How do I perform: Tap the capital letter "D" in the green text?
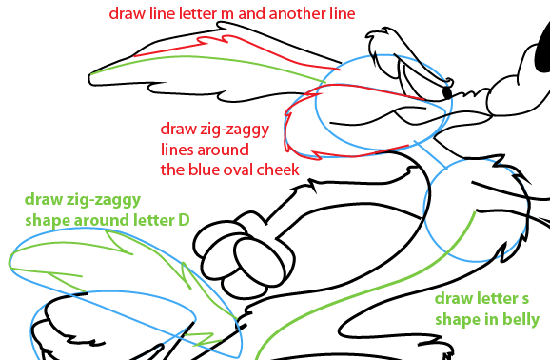point(184,220)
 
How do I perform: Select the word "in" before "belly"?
point(491,319)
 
